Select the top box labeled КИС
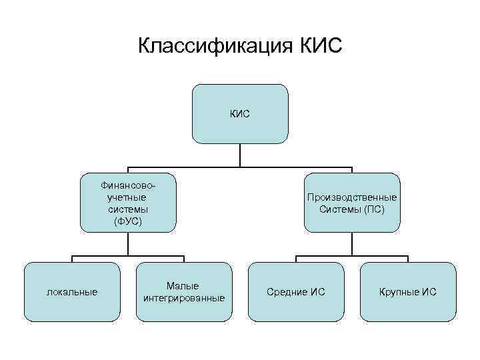(x=240, y=113)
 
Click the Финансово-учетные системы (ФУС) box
(x=127, y=203)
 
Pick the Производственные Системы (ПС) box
(x=352, y=203)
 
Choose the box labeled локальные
(x=71, y=291)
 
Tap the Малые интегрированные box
(x=183, y=291)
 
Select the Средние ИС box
(x=296, y=291)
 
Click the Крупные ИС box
(x=408, y=291)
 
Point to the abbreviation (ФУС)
(x=127, y=220)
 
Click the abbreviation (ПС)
(x=374, y=209)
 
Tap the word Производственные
(x=352, y=197)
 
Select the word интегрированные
(x=183, y=297)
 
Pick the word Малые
(x=183, y=286)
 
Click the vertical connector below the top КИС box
(x=240, y=155)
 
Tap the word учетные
(x=127, y=197)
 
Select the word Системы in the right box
(x=341, y=209)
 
